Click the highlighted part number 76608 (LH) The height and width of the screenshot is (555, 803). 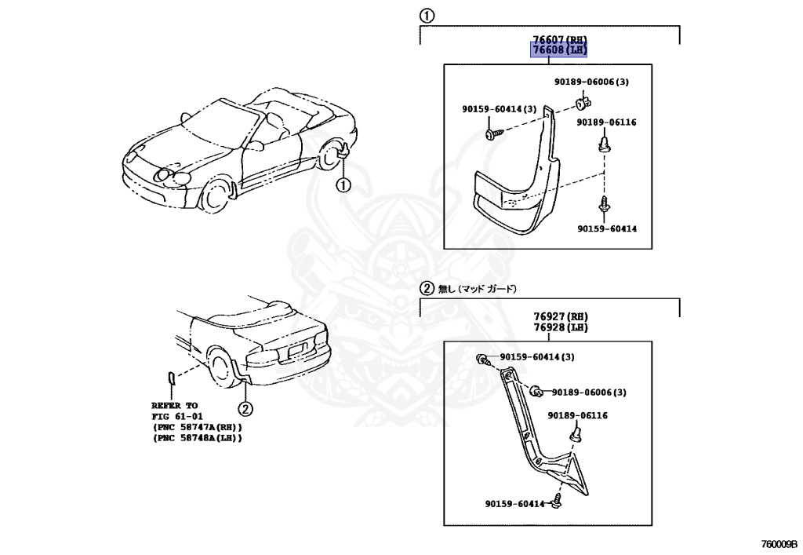pyautogui.click(x=559, y=50)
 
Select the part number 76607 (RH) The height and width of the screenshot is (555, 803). pyautogui.click(x=559, y=39)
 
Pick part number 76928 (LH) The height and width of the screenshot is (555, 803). pyautogui.click(x=560, y=327)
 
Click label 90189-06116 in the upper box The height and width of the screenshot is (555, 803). pyautogui.click(x=606, y=122)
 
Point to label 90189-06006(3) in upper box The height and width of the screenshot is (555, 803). pyautogui.click(x=591, y=82)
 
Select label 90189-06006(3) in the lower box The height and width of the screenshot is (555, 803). pyautogui.click(x=589, y=392)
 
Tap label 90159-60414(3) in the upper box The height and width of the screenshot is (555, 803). pyautogui.click(x=498, y=109)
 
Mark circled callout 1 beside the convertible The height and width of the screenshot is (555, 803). pyautogui.click(x=343, y=185)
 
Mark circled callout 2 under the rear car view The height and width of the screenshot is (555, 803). pyautogui.click(x=245, y=408)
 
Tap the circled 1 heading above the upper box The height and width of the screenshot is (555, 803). pyautogui.click(x=426, y=15)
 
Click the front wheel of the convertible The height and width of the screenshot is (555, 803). pyautogui.click(x=213, y=196)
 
